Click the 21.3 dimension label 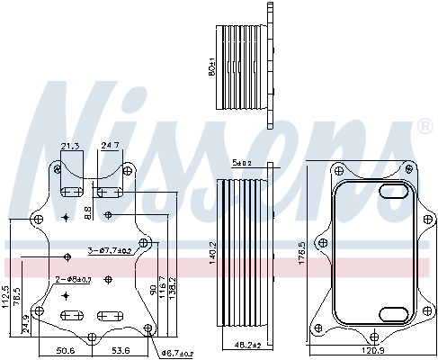[x=69, y=146]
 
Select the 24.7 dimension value [x=111, y=146]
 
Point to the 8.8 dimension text [x=87, y=211]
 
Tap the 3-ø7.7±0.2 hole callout [x=110, y=250]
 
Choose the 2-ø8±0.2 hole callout [x=74, y=279]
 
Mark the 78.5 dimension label [x=16, y=297]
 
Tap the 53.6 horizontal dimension [x=121, y=349]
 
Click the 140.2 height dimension [x=213, y=253]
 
